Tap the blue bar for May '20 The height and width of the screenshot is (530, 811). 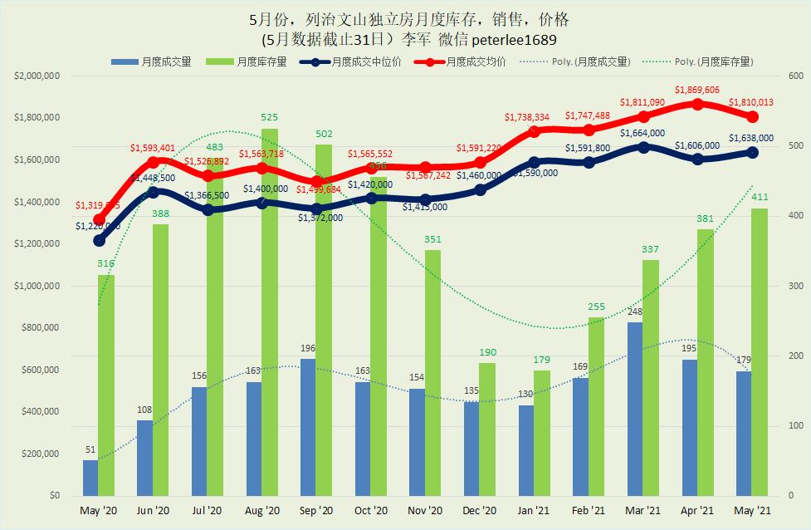90,478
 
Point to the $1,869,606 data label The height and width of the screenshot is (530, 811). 697,90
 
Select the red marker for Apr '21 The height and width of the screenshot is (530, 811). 697,104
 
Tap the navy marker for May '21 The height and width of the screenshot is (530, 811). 752,152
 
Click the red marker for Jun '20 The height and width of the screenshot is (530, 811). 153,162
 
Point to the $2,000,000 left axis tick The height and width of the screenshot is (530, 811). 37,76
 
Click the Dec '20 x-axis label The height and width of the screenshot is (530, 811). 479,510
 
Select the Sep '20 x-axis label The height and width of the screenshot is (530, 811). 315,510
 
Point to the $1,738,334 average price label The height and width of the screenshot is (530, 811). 532,118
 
